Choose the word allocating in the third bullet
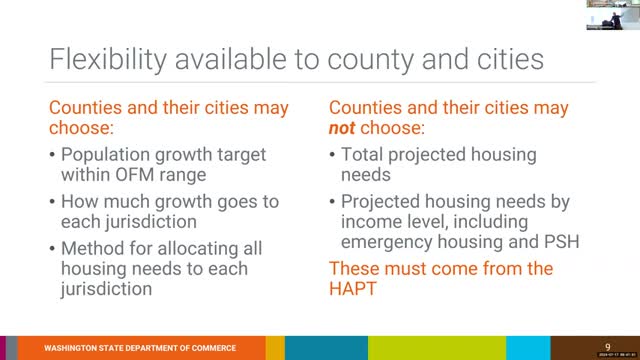[x=189, y=248]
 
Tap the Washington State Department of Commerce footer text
[x=140, y=348]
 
